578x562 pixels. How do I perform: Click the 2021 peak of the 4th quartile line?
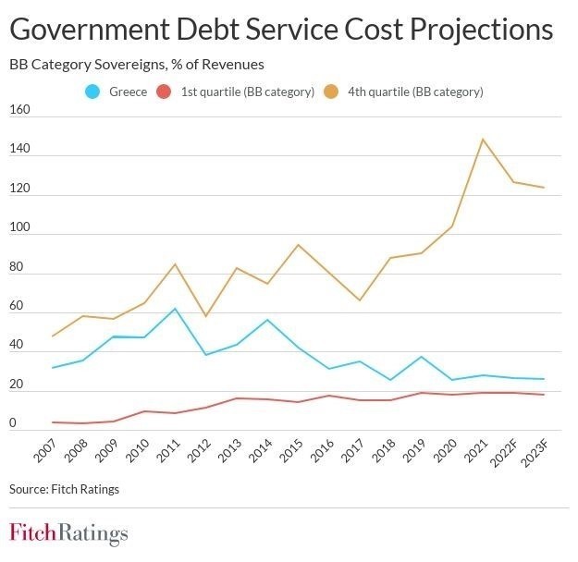tap(483, 140)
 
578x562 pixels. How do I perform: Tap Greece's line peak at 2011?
tap(176, 309)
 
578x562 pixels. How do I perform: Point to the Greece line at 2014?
tap(267, 320)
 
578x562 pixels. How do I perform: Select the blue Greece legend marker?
tap(92, 92)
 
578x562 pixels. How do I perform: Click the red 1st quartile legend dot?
tap(164, 92)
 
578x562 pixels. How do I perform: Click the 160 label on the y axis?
tap(20, 111)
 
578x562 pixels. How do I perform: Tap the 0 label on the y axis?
tap(14, 423)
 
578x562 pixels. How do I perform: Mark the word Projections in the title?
tap(481, 31)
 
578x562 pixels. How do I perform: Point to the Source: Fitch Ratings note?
tap(64, 489)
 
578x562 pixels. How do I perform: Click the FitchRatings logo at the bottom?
tap(68, 533)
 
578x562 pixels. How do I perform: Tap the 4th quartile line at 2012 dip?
tap(206, 316)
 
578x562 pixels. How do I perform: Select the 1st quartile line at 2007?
tap(53, 422)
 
